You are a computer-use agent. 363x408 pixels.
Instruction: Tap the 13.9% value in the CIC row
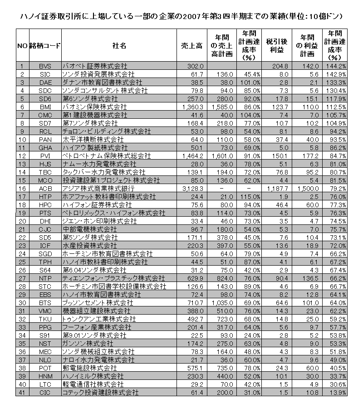point(337,392)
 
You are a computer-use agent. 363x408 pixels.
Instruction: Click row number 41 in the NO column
point(22,392)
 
